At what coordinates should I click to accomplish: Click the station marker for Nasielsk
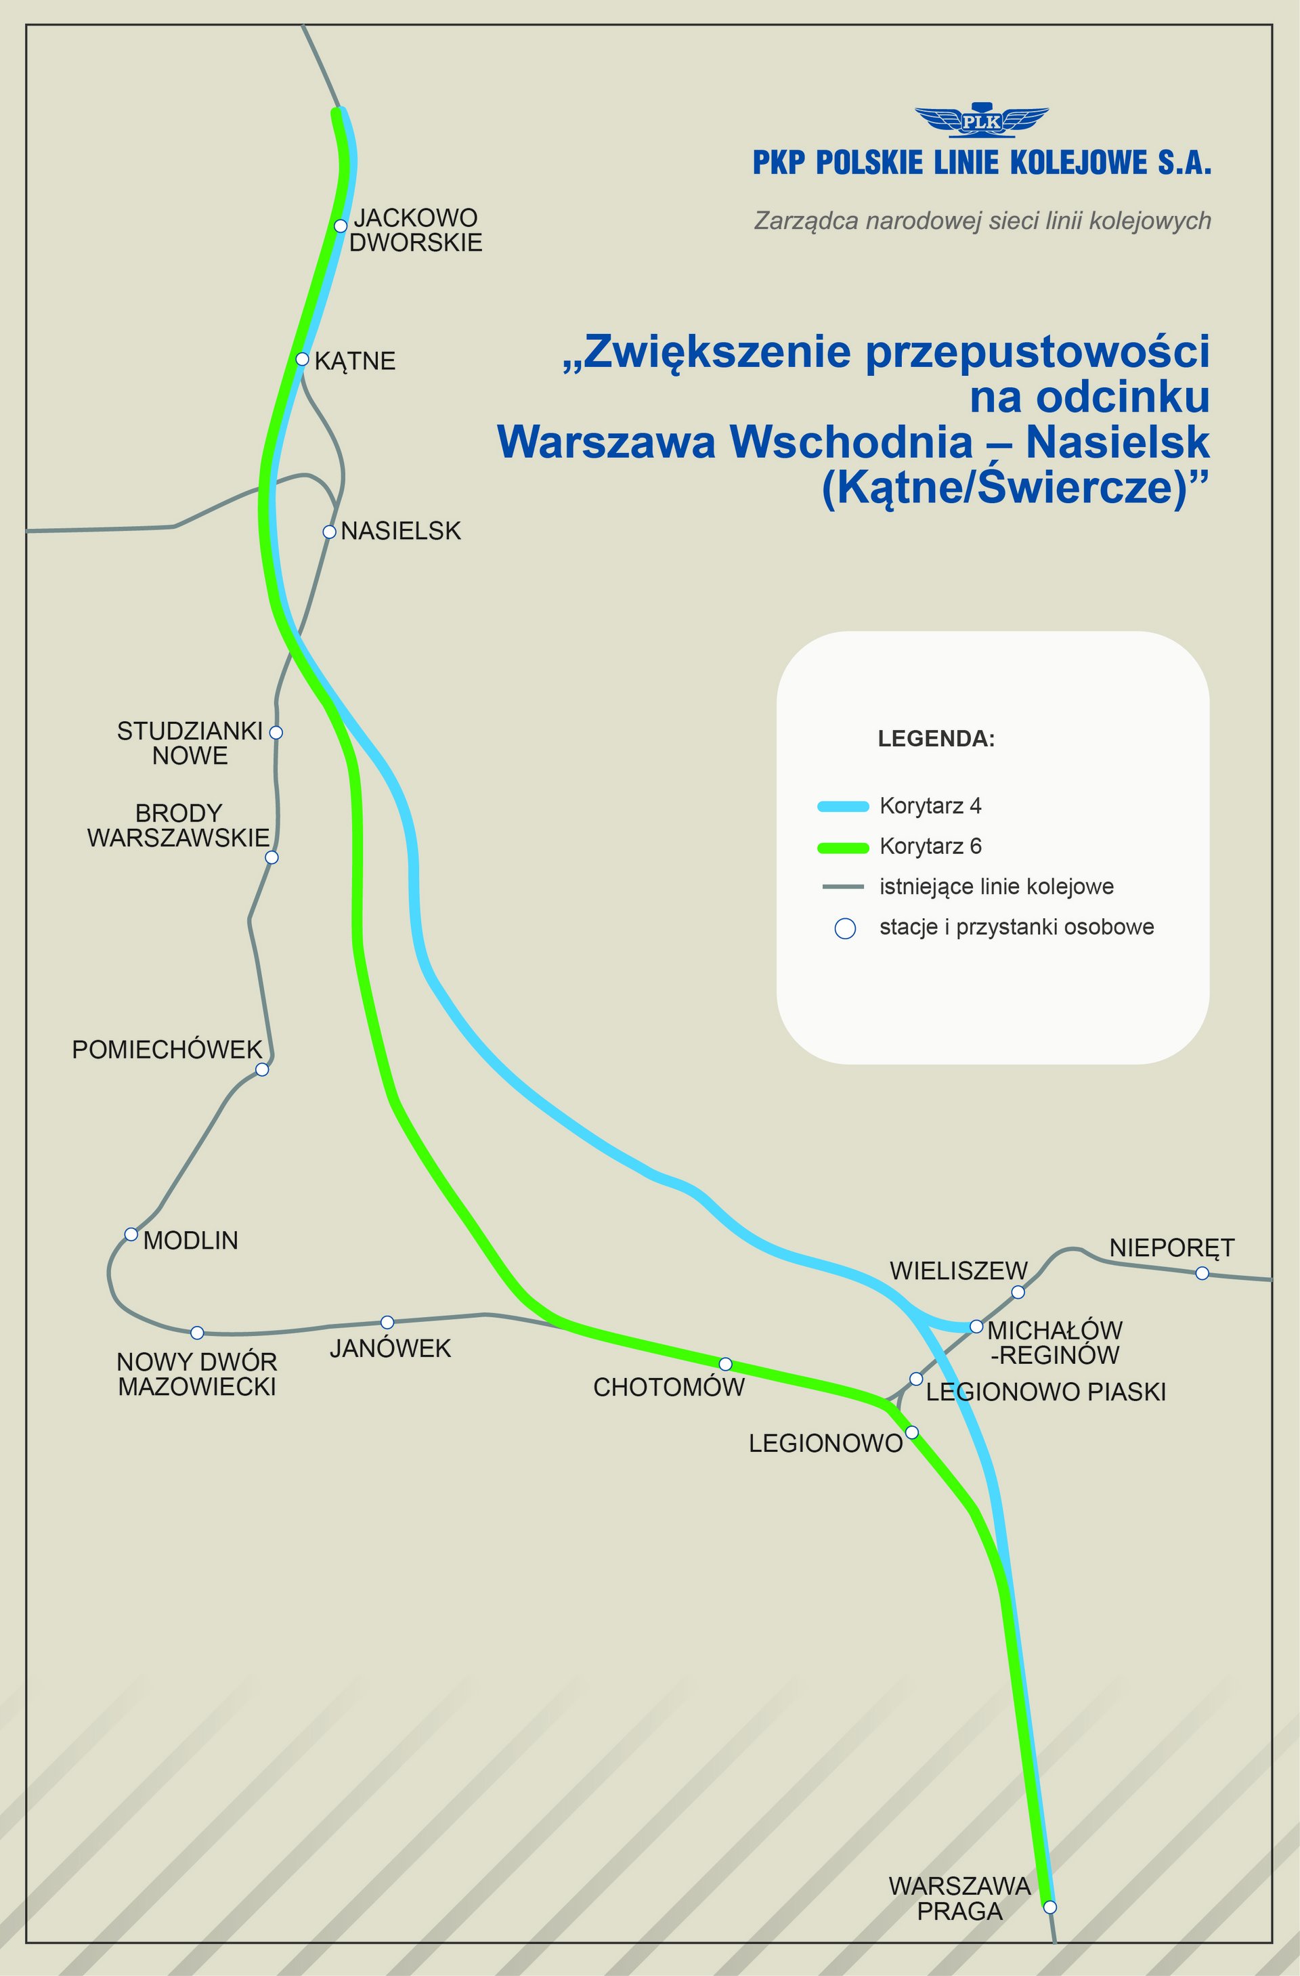click(x=330, y=532)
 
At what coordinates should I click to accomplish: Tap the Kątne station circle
click(x=302, y=360)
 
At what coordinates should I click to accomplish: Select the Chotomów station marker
click(x=724, y=1364)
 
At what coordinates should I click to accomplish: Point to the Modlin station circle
click(x=131, y=1234)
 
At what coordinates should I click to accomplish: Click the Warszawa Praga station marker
click(x=1049, y=1906)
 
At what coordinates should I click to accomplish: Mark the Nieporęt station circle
click(x=1202, y=1273)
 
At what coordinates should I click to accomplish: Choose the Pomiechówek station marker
click(x=262, y=1069)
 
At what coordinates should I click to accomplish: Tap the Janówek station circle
click(x=387, y=1322)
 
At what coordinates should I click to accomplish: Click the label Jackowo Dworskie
click(x=415, y=230)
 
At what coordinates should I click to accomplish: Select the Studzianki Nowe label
click(x=190, y=743)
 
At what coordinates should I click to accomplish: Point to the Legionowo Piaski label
click(x=1045, y=1392)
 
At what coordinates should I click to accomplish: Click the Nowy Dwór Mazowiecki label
click(x=197, y=1374)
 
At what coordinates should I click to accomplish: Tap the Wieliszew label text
click(x=958, y=1271)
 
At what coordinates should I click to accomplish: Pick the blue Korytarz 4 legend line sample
click(x=842, y=806)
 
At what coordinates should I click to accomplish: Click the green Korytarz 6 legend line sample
click(x=842, y=848)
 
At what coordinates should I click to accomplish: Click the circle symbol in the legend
click(x=845, y=928)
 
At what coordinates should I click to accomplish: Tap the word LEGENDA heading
click(x=936, y=739)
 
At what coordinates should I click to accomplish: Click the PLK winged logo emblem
click(x=981, y=121)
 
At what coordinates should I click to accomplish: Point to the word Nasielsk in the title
click(x=1117, y=442)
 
